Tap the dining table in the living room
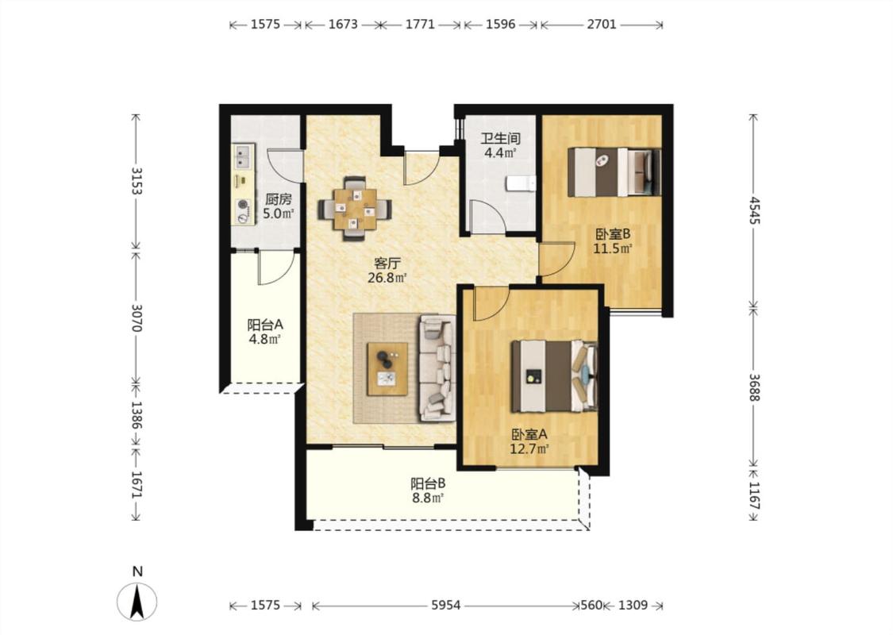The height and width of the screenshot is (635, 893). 355,209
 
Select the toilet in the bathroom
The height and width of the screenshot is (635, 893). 521,183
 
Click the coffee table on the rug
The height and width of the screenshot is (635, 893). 387,368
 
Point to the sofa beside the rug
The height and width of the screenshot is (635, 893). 438,368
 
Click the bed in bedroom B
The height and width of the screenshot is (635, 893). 614,172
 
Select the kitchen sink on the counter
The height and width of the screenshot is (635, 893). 243,156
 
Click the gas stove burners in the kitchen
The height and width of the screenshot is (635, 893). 243,210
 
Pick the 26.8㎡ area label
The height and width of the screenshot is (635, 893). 387,278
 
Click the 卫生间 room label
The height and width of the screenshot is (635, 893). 501,138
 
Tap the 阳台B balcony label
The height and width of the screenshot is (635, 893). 429,483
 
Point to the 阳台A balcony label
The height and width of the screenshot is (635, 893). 265,325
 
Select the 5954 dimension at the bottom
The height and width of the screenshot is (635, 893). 445,606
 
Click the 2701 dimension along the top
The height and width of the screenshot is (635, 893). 602,24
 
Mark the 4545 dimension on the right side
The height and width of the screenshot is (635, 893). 755,210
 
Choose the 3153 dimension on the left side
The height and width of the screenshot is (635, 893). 137,180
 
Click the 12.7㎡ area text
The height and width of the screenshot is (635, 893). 529,448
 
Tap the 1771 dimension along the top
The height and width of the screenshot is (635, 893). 420,24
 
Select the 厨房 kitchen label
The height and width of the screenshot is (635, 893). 279,199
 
